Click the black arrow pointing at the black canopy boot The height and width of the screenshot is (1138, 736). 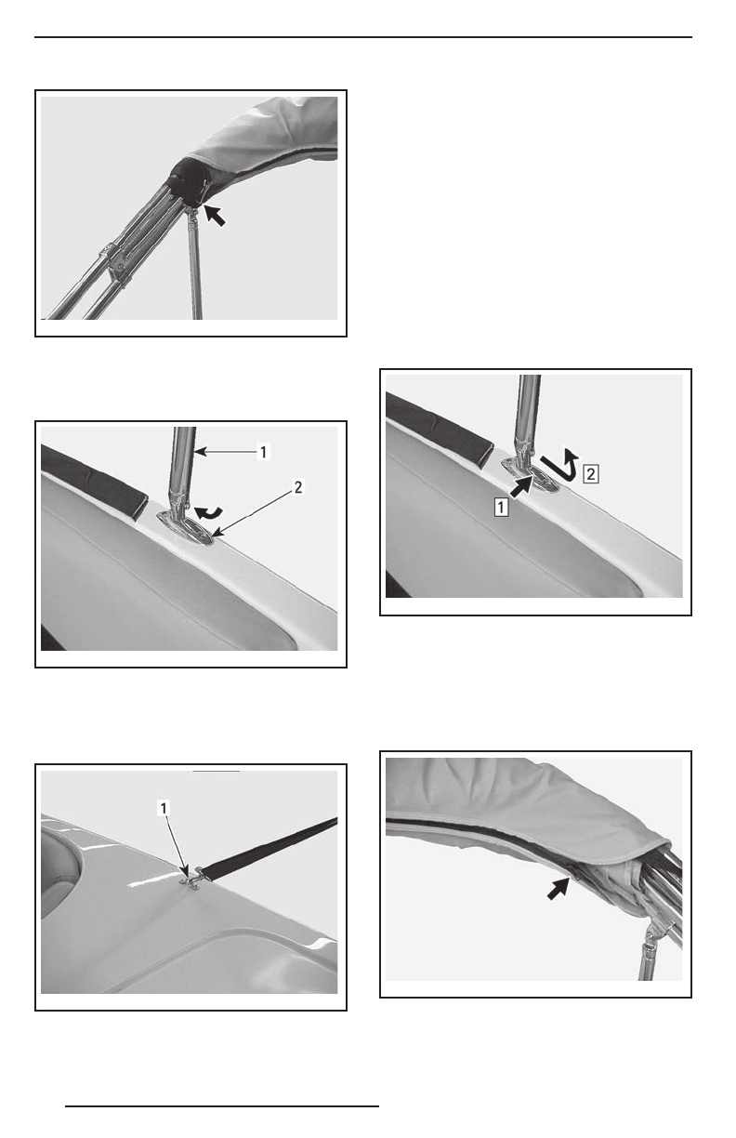pos(215,216)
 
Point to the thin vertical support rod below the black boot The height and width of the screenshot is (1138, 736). pos(194,263)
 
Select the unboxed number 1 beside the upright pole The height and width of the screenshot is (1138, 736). pos(263,452)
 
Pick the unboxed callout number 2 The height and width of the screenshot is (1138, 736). pos(298,488)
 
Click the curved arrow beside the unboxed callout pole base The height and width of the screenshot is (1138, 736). pos(208,513)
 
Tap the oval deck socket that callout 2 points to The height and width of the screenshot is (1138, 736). pos(186,529)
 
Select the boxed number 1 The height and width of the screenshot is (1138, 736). pos(501,507)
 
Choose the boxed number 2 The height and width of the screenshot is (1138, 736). pos(591,474)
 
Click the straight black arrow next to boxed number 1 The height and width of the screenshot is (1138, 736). pos(520,486)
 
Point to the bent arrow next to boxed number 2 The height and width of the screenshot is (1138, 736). pos(560,464)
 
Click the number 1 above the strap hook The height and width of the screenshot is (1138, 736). pos(164,808)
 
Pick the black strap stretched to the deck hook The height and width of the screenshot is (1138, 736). pos(269,847)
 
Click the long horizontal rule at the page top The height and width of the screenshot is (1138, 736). pos(363,37)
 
